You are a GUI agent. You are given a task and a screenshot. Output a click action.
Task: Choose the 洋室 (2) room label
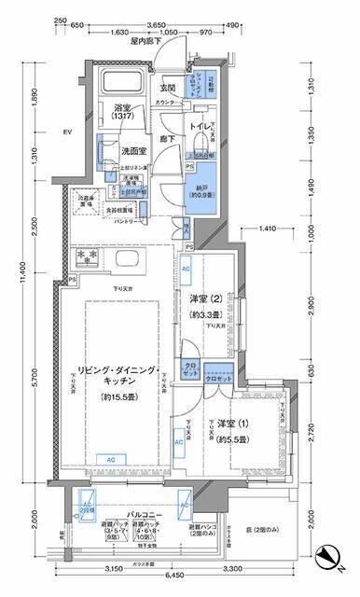[x=204, y=298]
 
